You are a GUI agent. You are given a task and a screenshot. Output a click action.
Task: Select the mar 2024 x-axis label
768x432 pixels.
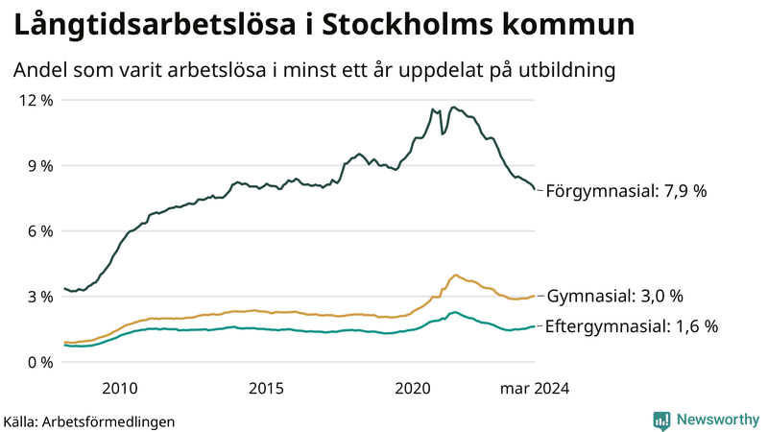[x=535, y=388]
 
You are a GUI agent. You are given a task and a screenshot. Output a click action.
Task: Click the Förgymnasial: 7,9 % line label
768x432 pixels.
[x=626, y=191]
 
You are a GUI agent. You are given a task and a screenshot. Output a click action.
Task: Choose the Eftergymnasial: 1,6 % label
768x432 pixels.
[x=631, y=326]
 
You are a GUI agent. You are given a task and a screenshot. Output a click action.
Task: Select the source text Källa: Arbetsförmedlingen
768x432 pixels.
[x=89, y=420]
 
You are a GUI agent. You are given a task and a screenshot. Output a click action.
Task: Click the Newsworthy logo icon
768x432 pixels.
[x=661, y=420]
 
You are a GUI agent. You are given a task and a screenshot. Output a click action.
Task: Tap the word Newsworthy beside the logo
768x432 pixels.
[x=716, y=420]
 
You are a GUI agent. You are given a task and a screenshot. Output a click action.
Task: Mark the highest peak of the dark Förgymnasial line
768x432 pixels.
[x=453, y=108]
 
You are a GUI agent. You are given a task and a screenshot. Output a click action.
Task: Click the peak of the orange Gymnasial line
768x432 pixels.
[x=455, y=275]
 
